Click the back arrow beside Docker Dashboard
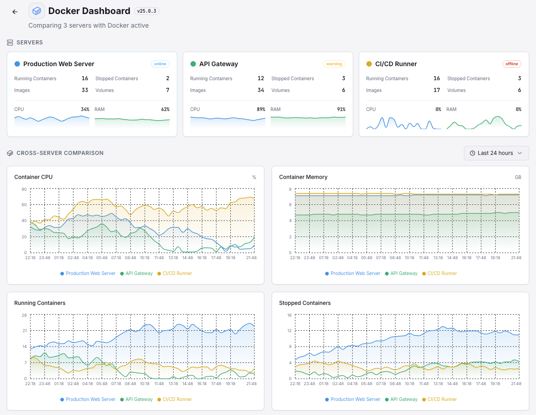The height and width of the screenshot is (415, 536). (x=15, y=12)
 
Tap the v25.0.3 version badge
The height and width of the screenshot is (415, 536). (x=147, y=11)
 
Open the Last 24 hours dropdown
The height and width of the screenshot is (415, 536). (x=496, y=153)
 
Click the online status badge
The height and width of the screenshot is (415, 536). (x=160, y=64)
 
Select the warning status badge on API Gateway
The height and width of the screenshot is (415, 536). (x=334, y=64)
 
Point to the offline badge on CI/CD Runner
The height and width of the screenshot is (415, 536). (x=512, y=64)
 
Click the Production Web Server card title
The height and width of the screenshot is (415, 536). (x=58, y=64)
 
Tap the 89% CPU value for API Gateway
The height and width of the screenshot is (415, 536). (x=260, y=109)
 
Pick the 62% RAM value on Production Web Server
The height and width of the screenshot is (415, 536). (x=165, y=109)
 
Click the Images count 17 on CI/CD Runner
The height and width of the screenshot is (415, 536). (x=436, y=90)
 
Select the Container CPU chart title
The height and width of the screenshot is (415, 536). (x=34, y=177)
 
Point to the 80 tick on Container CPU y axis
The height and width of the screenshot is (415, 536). (x=24, y=189)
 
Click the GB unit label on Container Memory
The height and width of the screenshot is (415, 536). (x=518, y=177)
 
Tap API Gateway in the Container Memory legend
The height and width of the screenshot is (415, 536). (x=404, y=274)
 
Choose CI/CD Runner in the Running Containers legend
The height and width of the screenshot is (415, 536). (x=177, y=400)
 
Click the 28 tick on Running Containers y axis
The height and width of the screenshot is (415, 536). (x=24, y=315)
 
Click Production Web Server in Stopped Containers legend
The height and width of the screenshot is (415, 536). (x=355, y=400)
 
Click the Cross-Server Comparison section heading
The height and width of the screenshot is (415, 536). (x=60, y=153)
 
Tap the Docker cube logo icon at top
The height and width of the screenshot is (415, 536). (x=37, y=11)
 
